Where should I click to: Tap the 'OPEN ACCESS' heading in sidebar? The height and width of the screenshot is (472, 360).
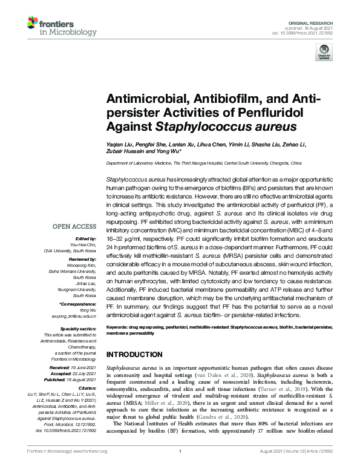(x=74, y=228)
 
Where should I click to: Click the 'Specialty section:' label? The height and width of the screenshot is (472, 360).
(x=79, y=328)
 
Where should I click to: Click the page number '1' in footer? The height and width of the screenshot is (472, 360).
(x=180, y=468)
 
